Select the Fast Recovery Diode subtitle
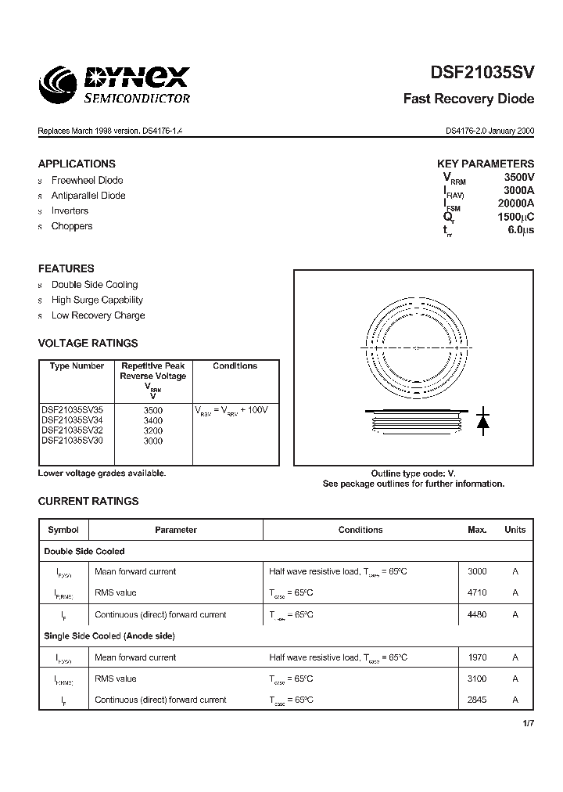tap(468, 99)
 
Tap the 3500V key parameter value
tap(518, 178)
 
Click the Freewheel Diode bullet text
tap(87, 181)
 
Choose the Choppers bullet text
tap(72, 226)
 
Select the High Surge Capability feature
tap(97, 300)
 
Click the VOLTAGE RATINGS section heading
tap(88, 343)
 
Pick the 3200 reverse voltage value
tap(153, 430)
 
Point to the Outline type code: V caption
tap(413, 473)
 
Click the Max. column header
tap(477, 530)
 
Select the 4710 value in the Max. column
tap(477, 593)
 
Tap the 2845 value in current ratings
tap(477, 700)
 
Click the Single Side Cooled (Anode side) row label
tap(109, 636)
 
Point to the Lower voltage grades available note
tap(102, 473)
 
